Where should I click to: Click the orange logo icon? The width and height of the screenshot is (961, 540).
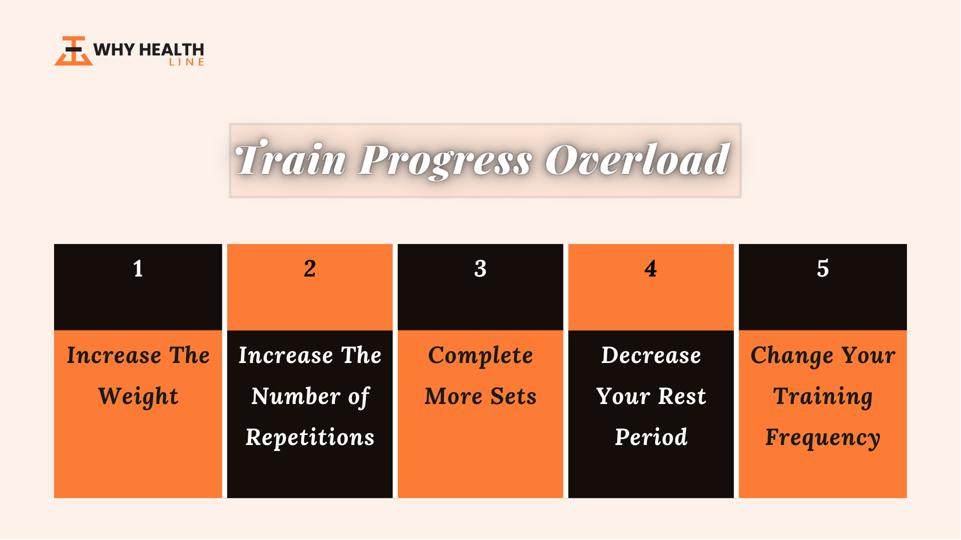pyautogui.click(x=74, y=50)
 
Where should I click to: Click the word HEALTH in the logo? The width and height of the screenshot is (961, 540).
pyautogui.click(x=171, y=49)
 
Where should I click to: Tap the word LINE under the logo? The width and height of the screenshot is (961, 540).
pyautogui.click(x=187, y=62)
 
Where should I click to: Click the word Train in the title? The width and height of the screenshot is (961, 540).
pyautogui.click(x=290, y=159)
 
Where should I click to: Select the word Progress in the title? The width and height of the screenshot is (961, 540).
pyautogui.click(x=445, y=161)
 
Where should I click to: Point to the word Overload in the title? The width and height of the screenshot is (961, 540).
pyautogui.click(x=637, y=159)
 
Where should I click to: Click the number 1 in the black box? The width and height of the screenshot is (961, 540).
pyautogui.click(x=138, y=268)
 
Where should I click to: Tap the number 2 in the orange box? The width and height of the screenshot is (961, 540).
pyautogui.click(x=310, y=268)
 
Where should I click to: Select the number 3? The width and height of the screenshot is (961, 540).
pyautogui.click(x=480, y=268)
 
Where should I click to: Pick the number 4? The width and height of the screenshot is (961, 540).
pyautogui.click(x=651, y=268)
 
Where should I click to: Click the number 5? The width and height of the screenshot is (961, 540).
pyautogui.click(x=823, y=268)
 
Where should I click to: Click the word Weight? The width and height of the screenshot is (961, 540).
pyautogui.click(x=139, y=397)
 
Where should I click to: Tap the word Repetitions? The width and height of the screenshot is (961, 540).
pyautogui.click(x=310, y=438)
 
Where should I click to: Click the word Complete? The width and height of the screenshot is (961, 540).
pyautogui.click(x=480, y=356)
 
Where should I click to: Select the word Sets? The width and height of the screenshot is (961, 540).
pyautogui.click(x=514, y=396)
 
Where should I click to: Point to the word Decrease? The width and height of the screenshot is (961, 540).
pyautogui.click(x=651, y=355)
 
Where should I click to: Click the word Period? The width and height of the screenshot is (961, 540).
pyautogui.click(x=651, y=437)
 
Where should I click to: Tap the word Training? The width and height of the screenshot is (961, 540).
pyautogui.click(x=823, y=397)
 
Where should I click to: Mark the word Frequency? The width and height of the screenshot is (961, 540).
pyautogui.click(x=823, y=438)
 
